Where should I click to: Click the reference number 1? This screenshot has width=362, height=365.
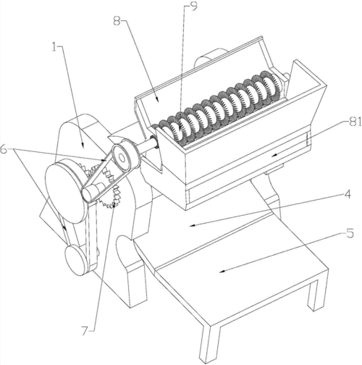[54, 47]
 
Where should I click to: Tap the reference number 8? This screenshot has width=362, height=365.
[117, 21]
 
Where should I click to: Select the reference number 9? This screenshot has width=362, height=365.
[193, 7]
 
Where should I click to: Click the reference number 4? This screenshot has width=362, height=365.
[347, 194]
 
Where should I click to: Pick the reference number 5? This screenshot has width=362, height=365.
[350, 233]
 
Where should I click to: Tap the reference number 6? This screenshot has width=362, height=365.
[4, 149]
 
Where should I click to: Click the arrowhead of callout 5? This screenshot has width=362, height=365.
[222, 272]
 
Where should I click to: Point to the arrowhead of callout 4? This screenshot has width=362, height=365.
[192, 226]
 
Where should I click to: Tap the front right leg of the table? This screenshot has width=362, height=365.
[315, 295]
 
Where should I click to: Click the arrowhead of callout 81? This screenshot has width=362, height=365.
[274, 156]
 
